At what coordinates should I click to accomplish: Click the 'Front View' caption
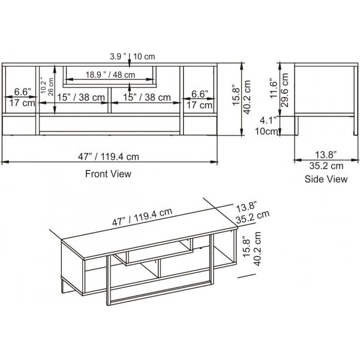click(109, 173)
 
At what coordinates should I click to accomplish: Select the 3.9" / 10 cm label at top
click(133, 56)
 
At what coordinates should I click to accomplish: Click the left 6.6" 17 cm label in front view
click(22, 98)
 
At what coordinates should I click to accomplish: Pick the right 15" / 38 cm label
click(147, 98)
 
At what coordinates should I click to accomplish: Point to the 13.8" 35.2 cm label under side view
click(319, 161)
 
